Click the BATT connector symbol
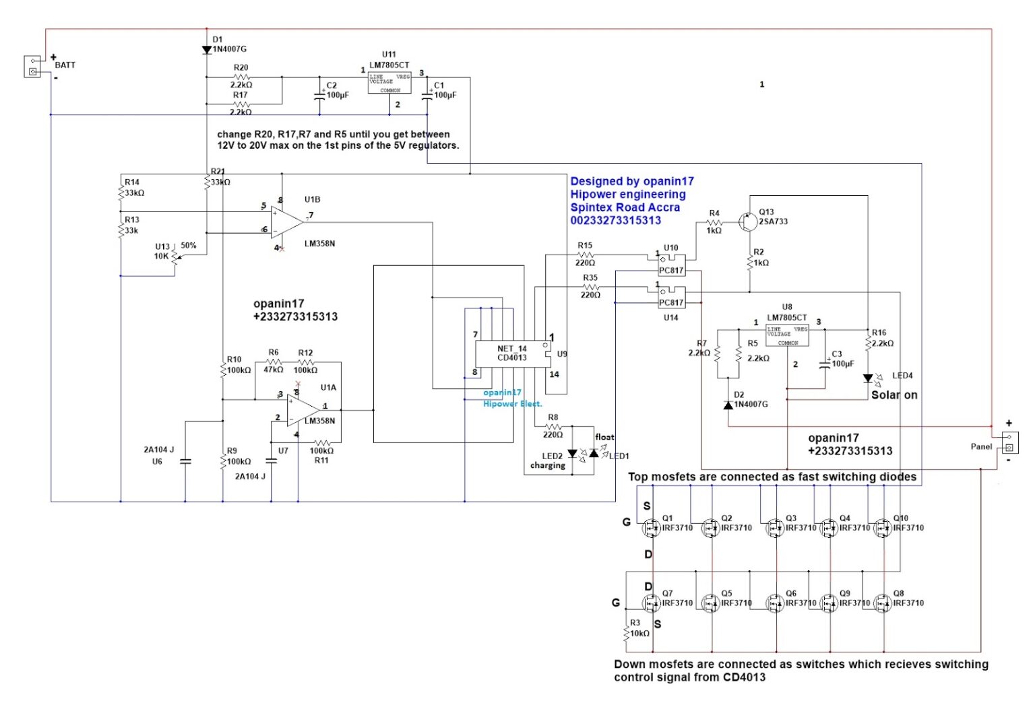pyautogui.click(x=32, y=66)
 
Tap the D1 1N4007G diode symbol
pyautogui.click(x=207, y=50)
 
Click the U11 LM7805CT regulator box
pyautogui.click(x=389, y=82)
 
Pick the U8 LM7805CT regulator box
pyautogui.click(x=787, y=335)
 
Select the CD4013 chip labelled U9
pyautogui.click(x=513, y=353)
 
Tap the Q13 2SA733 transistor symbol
pyautogui.click(x=747, y=221)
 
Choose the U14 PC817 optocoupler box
pyautogui.click(x=671, y=298)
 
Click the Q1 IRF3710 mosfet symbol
pyautogui.click(x=652, y=528)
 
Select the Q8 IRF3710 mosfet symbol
pyautogui.click(x=882, y=603)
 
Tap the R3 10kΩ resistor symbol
pyautogui.click(x=627, y=633)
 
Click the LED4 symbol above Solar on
pyautogui.click(x=869, y=378)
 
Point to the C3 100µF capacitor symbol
pyautogui.click(x=825, y=364)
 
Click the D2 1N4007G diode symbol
pyautogui.click(x=728, y=405)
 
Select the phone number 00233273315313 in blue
pyautogui.click(x=615, y=221)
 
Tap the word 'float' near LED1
pyautogui.click(x=604, y=437)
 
